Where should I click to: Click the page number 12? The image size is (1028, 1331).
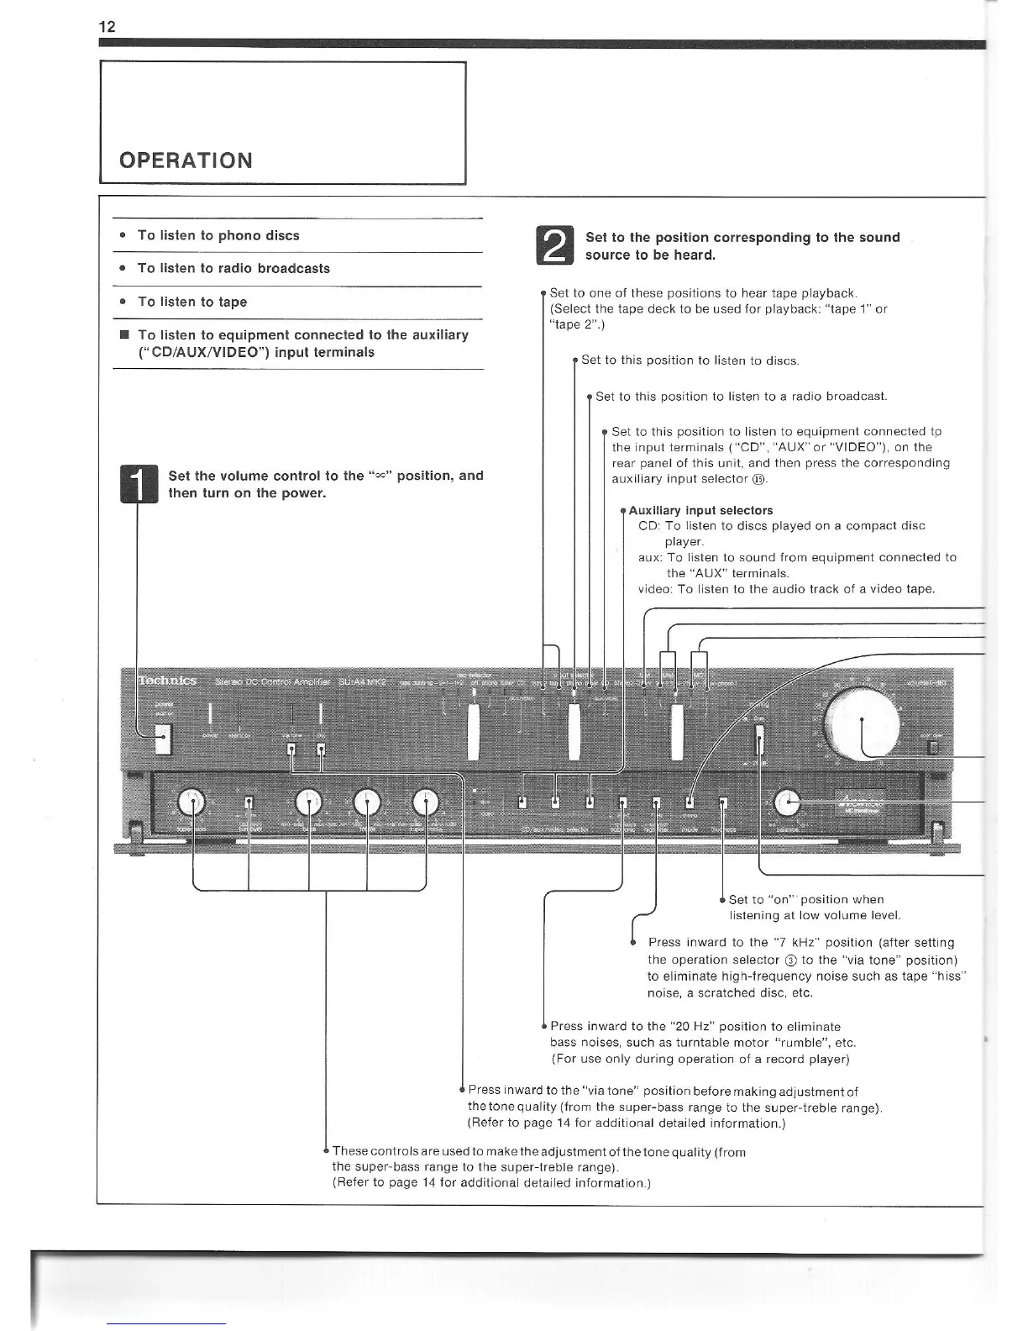point(107,26)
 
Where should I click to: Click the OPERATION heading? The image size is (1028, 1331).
point(186,160)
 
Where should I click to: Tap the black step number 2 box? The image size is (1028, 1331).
point(554,245)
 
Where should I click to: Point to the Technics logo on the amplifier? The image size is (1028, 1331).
point(167,681)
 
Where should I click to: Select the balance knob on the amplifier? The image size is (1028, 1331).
point(787,803)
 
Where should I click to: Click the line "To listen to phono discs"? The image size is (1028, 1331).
point(218,235)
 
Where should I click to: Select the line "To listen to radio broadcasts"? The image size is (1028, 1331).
point(233,268)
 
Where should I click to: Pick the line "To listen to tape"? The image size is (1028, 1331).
point(192,302)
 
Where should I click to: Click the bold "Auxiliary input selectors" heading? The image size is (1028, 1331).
point(700,510)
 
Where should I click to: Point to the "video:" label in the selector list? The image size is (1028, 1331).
point(654,589)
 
